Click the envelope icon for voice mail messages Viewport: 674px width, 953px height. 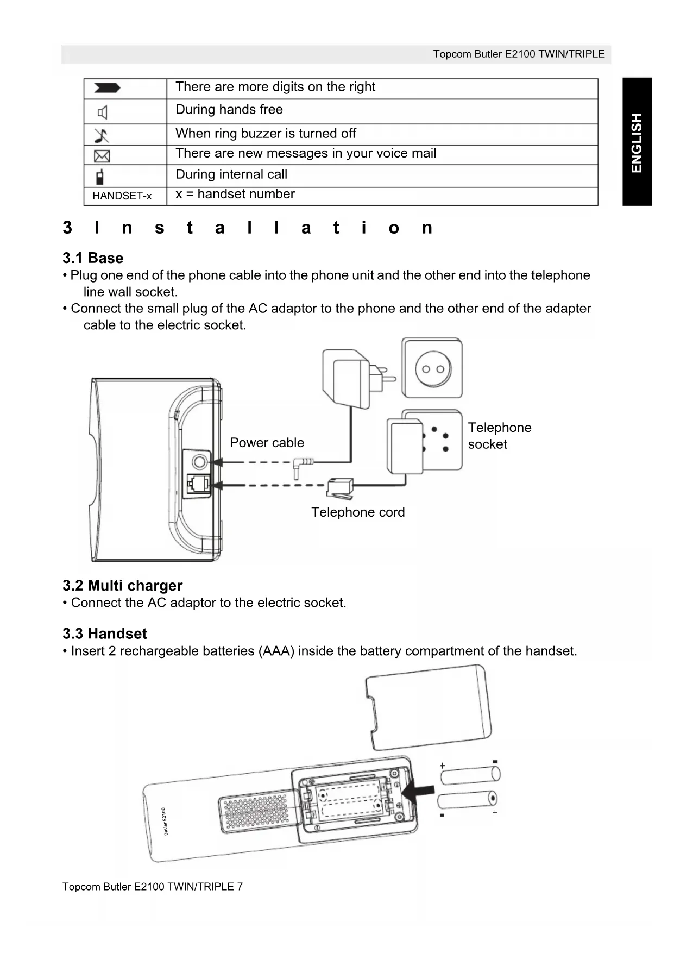tap(102, 156)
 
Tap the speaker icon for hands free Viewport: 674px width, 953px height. tap(102, 112)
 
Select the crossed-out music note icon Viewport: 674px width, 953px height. tap(102, 135)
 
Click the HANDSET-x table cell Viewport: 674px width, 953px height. tap(122, 196)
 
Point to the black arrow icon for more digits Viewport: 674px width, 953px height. tap(107, 89)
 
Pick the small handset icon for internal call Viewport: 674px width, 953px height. tap(100, 177)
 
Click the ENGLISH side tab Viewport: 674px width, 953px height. tap(637, 142)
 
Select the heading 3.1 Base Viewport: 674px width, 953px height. tap(93, 258)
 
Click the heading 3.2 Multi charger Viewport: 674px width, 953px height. tap(122, 586)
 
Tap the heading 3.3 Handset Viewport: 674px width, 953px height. tap(105, 634)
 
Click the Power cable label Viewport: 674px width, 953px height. tap(267, 443)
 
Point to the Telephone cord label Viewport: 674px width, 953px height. tap(358, 512)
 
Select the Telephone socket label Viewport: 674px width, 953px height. tap(499, 436)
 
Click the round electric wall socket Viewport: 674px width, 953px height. tap(432, 368)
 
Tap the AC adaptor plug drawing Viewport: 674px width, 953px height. tap(353, 378)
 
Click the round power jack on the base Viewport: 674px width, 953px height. tap(200, 462)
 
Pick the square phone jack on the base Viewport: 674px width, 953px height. tap(199, 484)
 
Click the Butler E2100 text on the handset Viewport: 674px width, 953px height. tap(165, 822)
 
